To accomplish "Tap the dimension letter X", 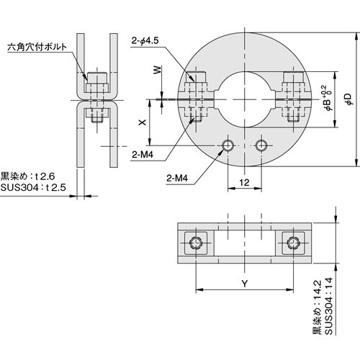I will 141,123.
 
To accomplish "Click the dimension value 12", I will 245,184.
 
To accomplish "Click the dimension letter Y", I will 245,283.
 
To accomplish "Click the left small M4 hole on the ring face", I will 228,146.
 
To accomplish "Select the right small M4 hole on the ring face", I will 261,146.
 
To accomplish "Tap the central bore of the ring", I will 245,97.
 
